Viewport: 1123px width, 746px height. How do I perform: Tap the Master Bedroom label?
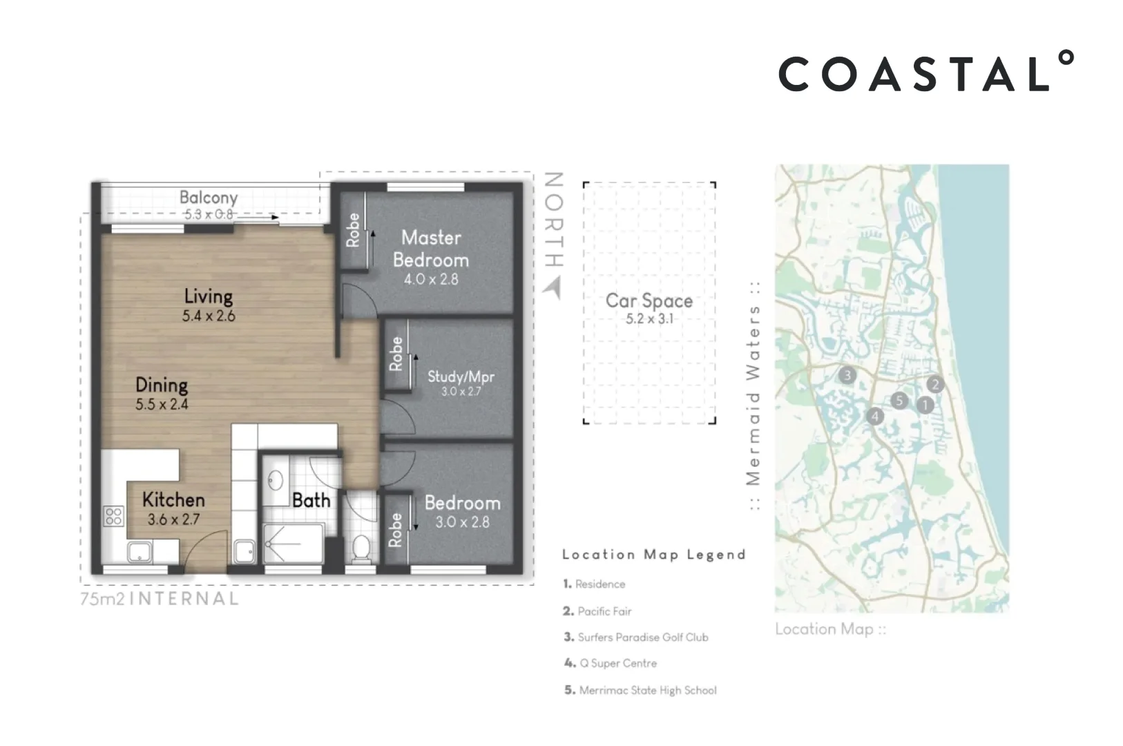[x=431, y=249]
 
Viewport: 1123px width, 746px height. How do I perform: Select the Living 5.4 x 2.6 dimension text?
[x=209, y=316]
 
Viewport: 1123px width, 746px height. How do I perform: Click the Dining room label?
[x=162, y=385]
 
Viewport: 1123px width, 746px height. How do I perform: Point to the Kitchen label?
[x=173, y=499]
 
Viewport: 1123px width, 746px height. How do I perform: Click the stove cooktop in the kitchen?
[x=113, y=515]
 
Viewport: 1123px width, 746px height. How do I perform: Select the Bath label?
[x=311, y=500]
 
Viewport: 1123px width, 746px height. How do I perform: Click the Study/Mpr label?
[x=461, y=376]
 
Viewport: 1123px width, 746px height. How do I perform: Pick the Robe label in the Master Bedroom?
[x=353, y=230]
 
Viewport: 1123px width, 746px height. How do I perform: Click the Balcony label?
[x=209, y=198]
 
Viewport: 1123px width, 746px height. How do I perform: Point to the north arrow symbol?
[x=553, y=288]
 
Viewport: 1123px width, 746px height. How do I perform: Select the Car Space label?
[x=649, y=300]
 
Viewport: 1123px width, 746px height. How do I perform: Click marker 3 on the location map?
[x=847, y=376]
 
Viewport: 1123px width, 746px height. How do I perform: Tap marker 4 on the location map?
[x=875, y=416]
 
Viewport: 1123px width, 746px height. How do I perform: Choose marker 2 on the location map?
[x=934, y=385]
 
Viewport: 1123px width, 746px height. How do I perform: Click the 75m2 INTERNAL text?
[x=160, y=599]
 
